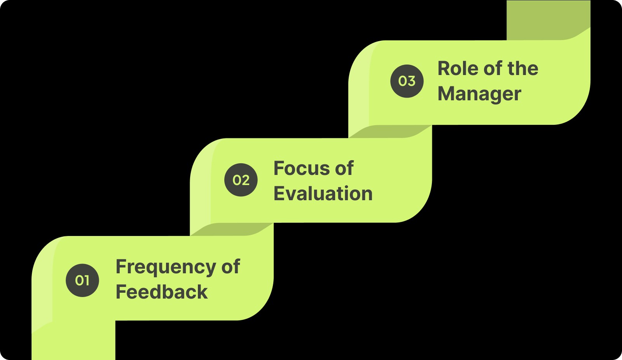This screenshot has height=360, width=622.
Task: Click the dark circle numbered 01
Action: [x=82, y=280]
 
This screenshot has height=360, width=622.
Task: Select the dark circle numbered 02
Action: [x=241, y=180]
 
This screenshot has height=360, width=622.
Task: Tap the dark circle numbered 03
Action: [x=407, y=81]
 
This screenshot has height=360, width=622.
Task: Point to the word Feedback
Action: [x=162, y=292]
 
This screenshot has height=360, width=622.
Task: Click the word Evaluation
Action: [x=323, y=194]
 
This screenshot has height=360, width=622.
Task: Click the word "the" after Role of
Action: [x=523, y=68]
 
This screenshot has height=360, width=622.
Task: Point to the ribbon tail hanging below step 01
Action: [x=73, y=342]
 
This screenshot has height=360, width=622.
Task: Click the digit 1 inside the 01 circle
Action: [x=87, y=280]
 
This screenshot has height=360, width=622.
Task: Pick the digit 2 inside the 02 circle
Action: [x=245, y=180]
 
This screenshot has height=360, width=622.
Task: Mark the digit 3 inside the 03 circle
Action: [x=411, y=81]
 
